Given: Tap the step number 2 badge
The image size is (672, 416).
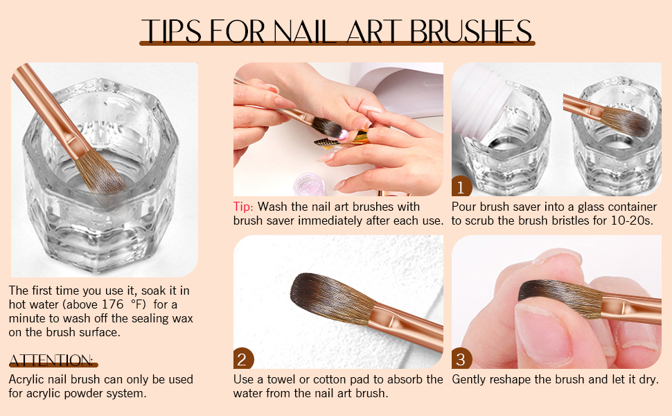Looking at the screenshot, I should [x=243, y=359].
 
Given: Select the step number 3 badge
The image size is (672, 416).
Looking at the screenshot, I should [x=462, y=359].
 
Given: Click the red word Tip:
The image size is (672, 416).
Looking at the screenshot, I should [x=244, y=207].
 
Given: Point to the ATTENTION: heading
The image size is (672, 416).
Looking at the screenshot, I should [x=53, y=360].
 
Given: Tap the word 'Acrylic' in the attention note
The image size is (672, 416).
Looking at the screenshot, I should [x=27, y=379].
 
